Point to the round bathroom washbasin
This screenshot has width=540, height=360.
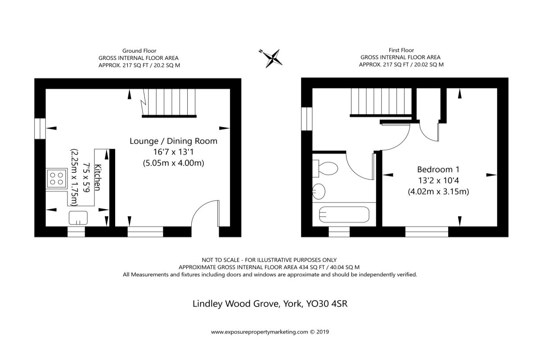click(319, 191)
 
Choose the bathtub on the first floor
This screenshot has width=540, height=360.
click(344, 215)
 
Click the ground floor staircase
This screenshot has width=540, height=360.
click(169, 103)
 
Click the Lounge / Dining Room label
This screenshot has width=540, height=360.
click(173, 141)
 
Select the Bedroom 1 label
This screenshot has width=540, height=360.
click(438, 170)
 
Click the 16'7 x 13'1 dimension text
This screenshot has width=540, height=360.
click(173, 152)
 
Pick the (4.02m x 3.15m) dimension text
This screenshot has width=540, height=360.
click(438, 192)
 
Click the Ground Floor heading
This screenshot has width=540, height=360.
click(139, 51)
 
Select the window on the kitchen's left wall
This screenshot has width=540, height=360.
click(40, 127)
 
